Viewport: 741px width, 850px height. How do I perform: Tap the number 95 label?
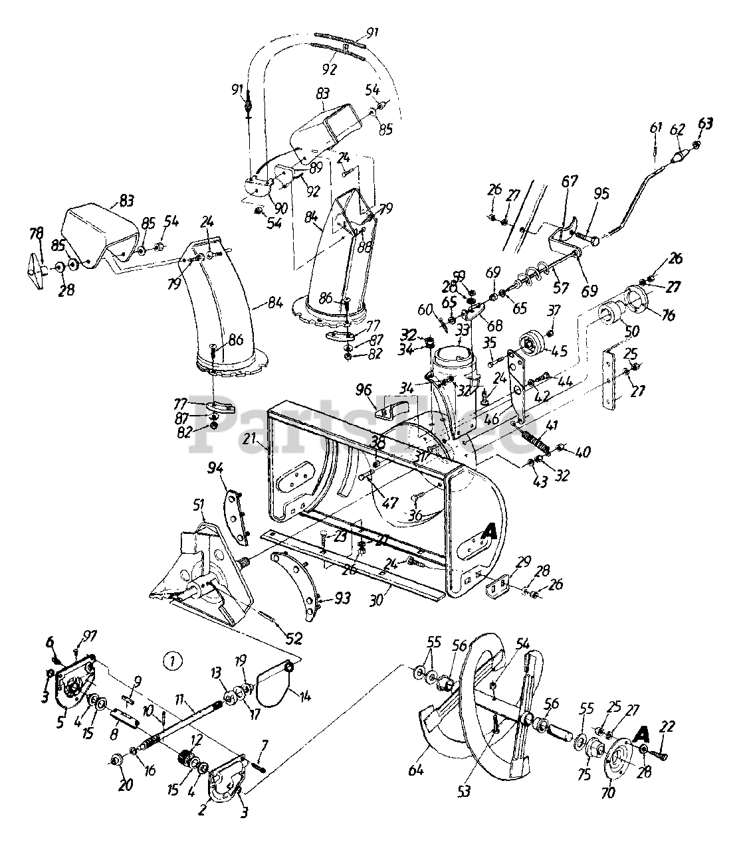pyautogui.click(x=601, y=194)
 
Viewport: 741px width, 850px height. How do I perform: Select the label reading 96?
pyautogui.click(x=381, y=388)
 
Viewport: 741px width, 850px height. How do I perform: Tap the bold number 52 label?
pyautogui.click(x=294, y=638)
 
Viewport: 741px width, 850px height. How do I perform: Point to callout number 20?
pyautogui.click(x=126, y=785)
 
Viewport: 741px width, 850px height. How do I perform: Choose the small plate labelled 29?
pyautogui.click(x=496, y=585)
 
